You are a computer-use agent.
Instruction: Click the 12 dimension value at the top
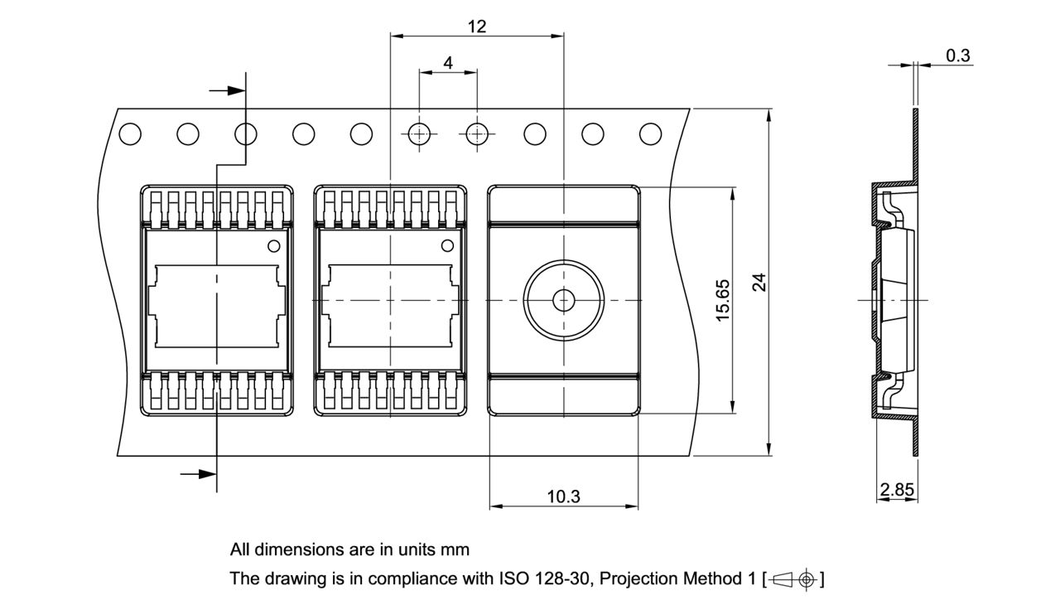click(x=476, y=26)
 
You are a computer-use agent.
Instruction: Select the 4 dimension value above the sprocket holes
click(x=448, y=62)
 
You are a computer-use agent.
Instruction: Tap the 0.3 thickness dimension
click(x=958, y=56)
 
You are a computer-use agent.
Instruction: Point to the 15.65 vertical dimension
click(x=722, y=300)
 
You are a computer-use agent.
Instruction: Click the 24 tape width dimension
click(x=759, y=283)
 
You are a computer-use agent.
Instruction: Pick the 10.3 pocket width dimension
click(x=563, y=496)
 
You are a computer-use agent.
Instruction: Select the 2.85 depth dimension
click(x=897, y=490)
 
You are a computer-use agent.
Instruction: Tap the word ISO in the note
click(x=512, y=578)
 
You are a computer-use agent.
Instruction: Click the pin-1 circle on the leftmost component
click(x=273, y=245)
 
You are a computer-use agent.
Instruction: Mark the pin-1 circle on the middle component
click(x=447, y=244)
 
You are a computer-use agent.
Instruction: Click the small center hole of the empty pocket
click(x=563, y=300)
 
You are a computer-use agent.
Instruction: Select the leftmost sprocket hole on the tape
click(x=130, y=133)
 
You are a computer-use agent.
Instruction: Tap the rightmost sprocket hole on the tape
click(x=651, y=133)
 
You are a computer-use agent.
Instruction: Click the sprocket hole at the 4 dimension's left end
click(x=419, y=133)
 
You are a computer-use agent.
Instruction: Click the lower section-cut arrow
click(x=198, y=474)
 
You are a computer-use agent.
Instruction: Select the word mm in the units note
click(x=455, y=549)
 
